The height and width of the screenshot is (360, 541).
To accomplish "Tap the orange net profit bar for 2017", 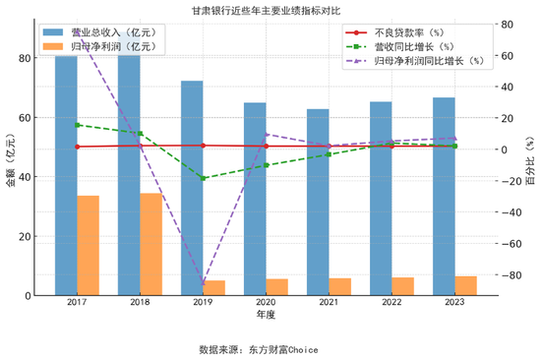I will point(89,246).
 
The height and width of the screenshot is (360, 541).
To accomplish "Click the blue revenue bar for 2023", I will point(444,197).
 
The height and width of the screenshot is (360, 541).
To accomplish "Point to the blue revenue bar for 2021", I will point(318,202).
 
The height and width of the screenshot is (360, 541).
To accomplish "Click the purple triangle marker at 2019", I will point(204,283).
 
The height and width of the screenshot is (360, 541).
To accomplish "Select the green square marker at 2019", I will point(204,178).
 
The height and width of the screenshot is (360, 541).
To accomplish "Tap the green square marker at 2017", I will point(77,125).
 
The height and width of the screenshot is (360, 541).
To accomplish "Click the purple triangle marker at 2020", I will point(267,134).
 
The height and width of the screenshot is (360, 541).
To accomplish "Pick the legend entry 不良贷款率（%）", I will point(413,32).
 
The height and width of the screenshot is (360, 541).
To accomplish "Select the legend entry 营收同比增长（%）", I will point(413,46).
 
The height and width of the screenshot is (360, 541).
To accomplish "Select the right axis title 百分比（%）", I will point(531,161).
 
